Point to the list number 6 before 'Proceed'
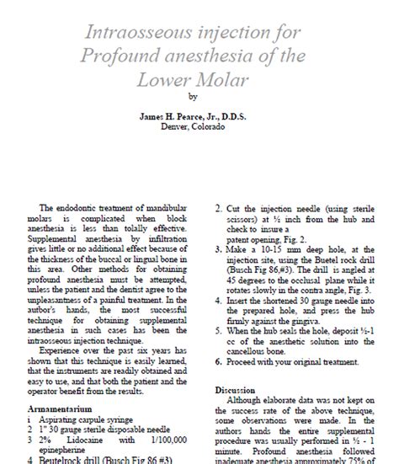tap(219, 363)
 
